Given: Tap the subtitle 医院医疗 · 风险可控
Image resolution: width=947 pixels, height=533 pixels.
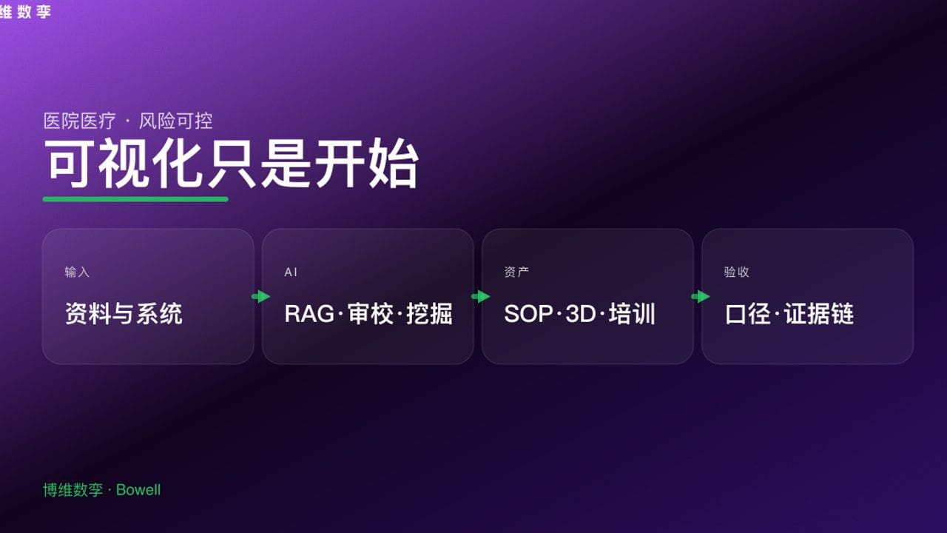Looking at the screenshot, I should click(x=128, y=121).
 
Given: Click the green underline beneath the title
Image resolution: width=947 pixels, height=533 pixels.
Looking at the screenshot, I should click(x=135, y=198).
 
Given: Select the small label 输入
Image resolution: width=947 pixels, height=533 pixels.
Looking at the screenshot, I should click(x=77, y=272).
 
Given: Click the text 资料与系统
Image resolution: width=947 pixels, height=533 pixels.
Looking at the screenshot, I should click(x=124, y=314).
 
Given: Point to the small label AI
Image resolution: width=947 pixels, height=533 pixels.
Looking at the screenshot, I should click(x=291, y=272).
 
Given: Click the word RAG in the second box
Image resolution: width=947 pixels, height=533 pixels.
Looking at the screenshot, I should click(x=309, y=314).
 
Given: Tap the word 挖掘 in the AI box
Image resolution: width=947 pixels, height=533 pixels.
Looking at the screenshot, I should click(x=429, y=314).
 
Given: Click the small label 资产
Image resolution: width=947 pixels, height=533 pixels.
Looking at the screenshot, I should click(x=516, y=272).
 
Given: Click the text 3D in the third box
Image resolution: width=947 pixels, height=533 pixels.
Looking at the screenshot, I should click(x=581, y=314).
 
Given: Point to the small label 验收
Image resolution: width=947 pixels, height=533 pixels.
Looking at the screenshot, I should click(x=736, y=272).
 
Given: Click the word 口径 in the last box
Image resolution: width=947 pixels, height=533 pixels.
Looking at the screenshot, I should click(x=748, y=314).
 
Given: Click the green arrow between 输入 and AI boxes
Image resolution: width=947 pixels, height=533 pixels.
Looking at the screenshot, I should click(x=260, y=297).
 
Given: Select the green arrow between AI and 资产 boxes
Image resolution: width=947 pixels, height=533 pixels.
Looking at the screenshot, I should click(x=480, y=297).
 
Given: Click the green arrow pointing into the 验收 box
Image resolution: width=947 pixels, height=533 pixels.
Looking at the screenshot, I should click(x=700, y=297).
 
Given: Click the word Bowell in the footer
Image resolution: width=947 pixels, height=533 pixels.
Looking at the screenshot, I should click(x=138, y=490).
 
